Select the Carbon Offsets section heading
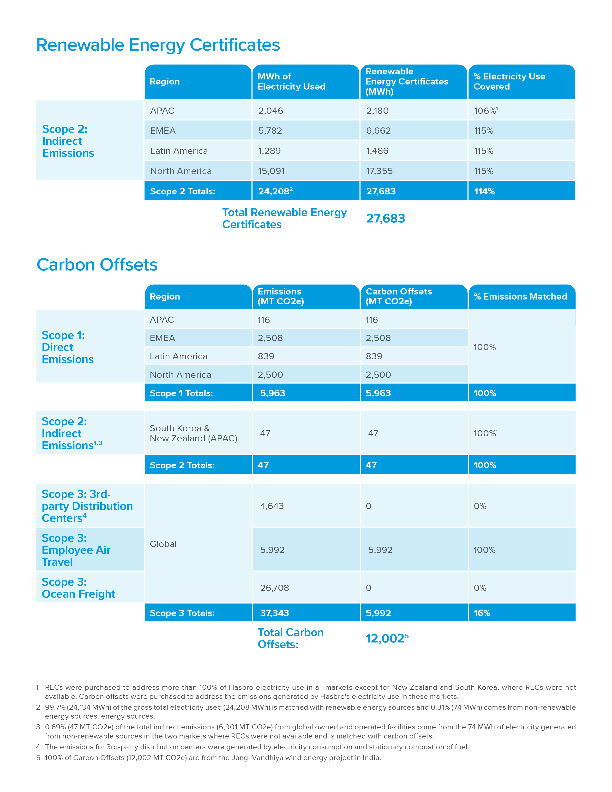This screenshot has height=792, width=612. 97,265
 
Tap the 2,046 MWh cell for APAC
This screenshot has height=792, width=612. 270,111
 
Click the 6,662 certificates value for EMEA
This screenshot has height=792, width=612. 378,131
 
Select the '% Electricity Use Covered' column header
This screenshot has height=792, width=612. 509,82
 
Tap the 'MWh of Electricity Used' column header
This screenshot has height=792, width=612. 291,82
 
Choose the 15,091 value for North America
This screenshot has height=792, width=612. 271,171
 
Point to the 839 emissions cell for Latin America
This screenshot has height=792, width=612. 266,356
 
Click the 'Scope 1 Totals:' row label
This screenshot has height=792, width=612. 181,393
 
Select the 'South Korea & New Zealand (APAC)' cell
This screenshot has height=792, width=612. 193,433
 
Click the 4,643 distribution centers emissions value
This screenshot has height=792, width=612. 272,506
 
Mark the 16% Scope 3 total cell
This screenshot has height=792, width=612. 482,613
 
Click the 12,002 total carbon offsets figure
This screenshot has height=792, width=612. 385,638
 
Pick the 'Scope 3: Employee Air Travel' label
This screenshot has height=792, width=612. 76,550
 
